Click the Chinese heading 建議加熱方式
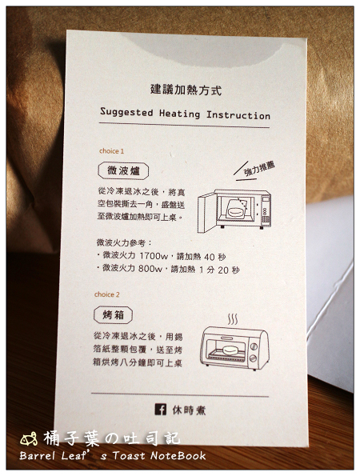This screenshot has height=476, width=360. pyautogui.click(x=186, y=90)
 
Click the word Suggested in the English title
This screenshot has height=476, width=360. pyautogui.click(x=126, y=112)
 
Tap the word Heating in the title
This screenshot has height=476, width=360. pyautogui.click(x=180, y=114)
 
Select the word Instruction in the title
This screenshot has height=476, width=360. pyautogui.click(x=238, y=115)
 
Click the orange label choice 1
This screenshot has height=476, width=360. pyautogui.click(x=111, y=151)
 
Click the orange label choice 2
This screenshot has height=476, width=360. pyautogui.click(x=107, y=294)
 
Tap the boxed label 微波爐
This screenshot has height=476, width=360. pyautogui.click(x=123, y=171)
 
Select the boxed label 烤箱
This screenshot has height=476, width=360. pyautogui.click(x=114, y=315)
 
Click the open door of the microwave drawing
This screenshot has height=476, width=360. pyautogui.click(x=206, y=213)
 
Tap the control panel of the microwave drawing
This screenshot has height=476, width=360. pyautogui.click(x=266, y=210)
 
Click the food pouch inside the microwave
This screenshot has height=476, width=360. pyautogui.click(x=236, y=209)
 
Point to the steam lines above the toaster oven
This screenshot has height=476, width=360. pyautogui.click(x=233, y=319)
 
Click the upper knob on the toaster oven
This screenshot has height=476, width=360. pyautogui.click(x=254, y=346)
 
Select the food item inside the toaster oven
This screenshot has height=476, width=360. pyautogui.click(x=231, y=350)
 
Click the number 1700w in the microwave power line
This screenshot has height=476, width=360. pyautogui.click(x=154, y=256)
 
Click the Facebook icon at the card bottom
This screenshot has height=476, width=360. pyautogui.click(x=161, y=410)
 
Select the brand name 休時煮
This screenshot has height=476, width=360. pyautogui.click(x=189, y=410)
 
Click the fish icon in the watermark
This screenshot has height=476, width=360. pyautogui.click(x=29, y=439)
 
